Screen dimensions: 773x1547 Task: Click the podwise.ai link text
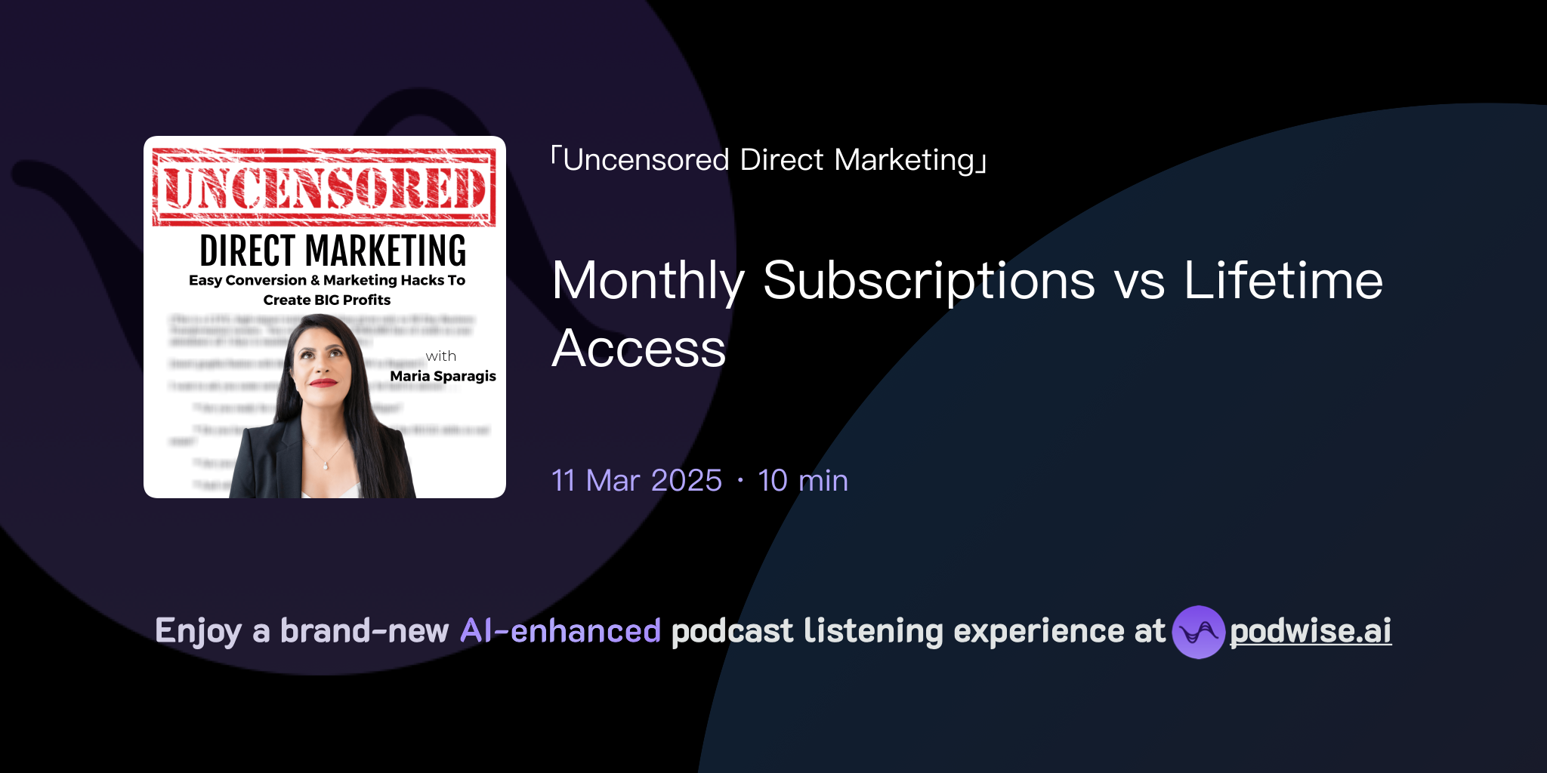pos(1310,631)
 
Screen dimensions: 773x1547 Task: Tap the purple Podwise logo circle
pos(1198,632)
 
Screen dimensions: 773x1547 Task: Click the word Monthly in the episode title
pos(648,281)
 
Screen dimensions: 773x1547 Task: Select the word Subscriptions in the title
pos(929,281)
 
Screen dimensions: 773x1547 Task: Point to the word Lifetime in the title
pos(1283,281)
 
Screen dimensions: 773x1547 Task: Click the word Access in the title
pos(639,349)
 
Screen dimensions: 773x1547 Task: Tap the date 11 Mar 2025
pos(637,481)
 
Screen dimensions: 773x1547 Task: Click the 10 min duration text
pos(803,481)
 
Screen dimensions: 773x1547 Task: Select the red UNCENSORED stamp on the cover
pos(324,187)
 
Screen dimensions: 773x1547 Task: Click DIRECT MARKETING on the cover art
pos(332,251)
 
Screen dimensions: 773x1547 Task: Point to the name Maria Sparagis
pos(443,376)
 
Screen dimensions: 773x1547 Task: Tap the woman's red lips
pos(323,383)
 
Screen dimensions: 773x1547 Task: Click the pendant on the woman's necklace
pos(326,466)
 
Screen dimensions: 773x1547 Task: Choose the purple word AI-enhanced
pos(560,631)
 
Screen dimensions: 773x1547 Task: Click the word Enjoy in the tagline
pos(199,631)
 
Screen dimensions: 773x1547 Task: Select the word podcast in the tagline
pos(732,631)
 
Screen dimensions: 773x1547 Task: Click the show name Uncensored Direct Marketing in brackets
pos(769,160)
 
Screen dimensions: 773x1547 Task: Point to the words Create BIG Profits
pos(326,300)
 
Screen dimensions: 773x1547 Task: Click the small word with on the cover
pos(440,356)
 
